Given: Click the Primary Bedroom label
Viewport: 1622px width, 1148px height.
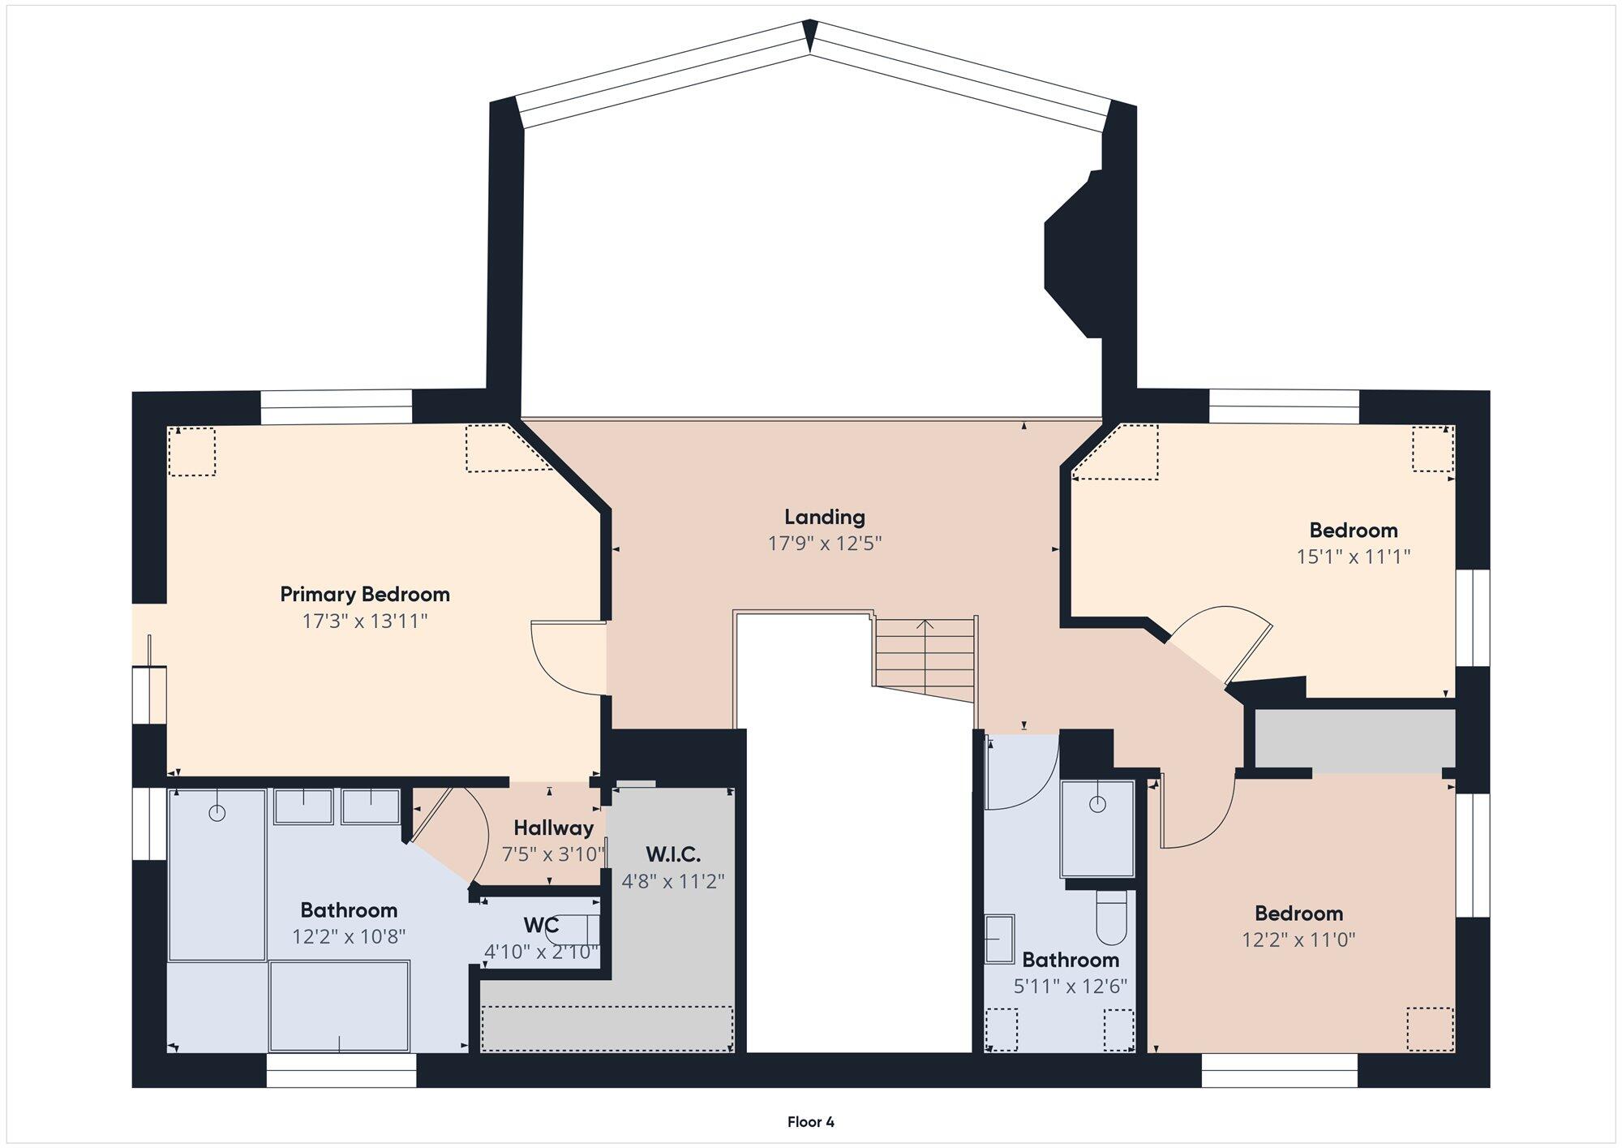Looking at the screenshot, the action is [x=365, y=595].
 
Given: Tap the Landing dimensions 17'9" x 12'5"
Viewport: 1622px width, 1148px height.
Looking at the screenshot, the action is [x=825, y=544].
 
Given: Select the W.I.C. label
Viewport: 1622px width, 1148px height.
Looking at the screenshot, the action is [x=673, y=854].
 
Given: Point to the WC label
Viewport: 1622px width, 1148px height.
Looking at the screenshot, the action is [x=541, y=926].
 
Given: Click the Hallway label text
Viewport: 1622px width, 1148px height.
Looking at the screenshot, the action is [x=554, y=828].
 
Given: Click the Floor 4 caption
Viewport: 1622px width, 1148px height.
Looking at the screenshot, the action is [x=811, y=1122].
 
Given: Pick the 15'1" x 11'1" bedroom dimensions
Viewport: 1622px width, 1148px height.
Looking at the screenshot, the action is [x=1354, y=557].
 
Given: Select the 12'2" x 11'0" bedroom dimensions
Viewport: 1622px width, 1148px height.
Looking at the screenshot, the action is [x=1299, y=940].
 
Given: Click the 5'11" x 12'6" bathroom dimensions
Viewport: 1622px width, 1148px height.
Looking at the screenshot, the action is [x=1071, y=987].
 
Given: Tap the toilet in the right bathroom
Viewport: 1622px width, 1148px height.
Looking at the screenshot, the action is [x=1111, y=918].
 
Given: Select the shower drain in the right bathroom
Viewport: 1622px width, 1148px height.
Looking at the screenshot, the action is [x=1097, y=805].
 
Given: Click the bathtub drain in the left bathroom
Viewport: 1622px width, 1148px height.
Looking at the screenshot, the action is [x=217, y=813].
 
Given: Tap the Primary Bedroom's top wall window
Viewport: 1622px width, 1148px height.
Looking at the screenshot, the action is [x=337, y=407].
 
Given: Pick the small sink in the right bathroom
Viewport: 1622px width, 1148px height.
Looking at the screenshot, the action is [x=1000, y=939].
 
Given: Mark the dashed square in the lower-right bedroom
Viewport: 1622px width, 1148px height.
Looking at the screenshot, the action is [x=1430, y=1030].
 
